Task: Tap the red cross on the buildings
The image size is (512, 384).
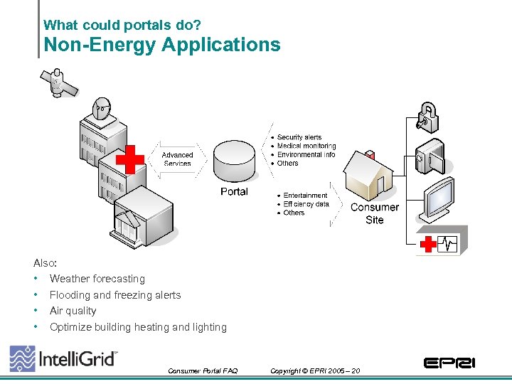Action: click(x=129, y=159)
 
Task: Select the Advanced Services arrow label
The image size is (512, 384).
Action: click(x=177, y=159)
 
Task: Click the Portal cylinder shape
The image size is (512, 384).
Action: click(x=234, y=162)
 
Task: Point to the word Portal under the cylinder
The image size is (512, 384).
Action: click(x=234, y=192)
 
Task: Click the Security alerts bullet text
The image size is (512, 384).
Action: click(x=299, y=137)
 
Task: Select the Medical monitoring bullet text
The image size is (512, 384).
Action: click(x=306, y=146)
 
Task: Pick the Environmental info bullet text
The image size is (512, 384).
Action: click(x=306, y=154)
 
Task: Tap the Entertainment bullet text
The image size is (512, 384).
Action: click(x=305, y=196)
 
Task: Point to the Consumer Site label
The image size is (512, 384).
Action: click(x=375, y=213)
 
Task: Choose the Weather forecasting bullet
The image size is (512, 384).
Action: click(x=97, y=279)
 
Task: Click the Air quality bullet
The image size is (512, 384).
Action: click(x=73, y=311)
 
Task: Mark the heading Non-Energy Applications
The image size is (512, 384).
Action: click(x=162, y=45)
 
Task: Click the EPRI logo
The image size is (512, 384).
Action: click(x=449, y=363)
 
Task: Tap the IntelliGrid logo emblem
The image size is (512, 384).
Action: click(x=22, y=358)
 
